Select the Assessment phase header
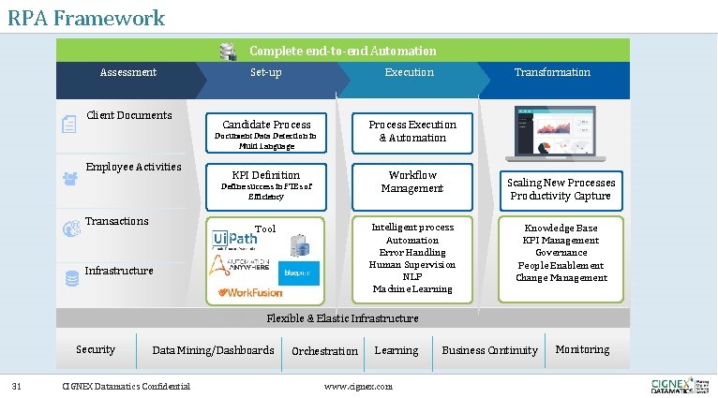[x=128, y=72]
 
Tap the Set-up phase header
[x=266, y=72]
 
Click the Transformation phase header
[x=552, y=72]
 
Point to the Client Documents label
[x=129, y=115]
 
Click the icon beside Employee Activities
[x=69, y=175]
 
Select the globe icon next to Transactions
[x=69, y=228]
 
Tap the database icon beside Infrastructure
[x=71, y=278]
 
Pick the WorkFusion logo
[x=250, y=292]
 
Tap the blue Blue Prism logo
[x=300, y=273]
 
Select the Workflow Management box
[x=411, y=182]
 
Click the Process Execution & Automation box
[x=411, y=131]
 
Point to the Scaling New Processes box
[x=561, y=189]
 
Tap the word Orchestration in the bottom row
[x=324, y=351]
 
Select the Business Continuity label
[x=489, y=350]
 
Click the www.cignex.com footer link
[x=358, y=386]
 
